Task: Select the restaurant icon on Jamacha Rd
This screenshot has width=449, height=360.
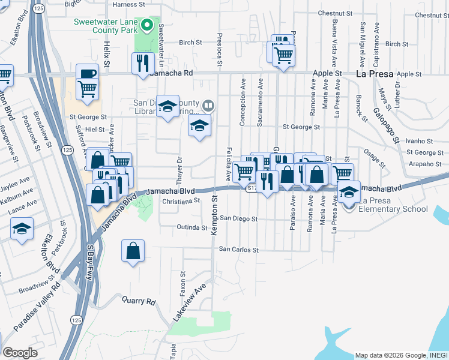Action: (143, 63)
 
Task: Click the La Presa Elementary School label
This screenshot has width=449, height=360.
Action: (393, 205)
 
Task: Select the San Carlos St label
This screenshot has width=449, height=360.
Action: (238, 249)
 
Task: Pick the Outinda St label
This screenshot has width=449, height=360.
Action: (192, 227)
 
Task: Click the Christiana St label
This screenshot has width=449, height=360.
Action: (180, 201)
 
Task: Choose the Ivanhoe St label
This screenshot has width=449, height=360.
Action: (419, 141)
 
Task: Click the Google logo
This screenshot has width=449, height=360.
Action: (20, 353)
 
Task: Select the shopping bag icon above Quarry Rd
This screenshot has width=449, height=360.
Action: (133, 251)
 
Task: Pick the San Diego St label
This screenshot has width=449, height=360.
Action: (238, 219)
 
